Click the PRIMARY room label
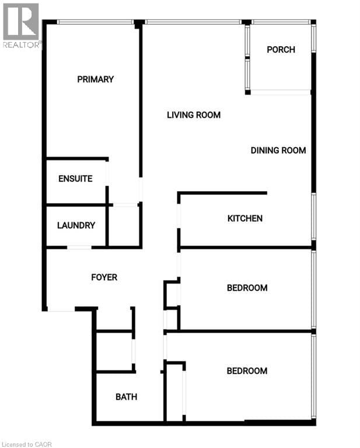[95, 79]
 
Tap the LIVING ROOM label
[194, 115]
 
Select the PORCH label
[281, 50]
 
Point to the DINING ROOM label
[278, 150]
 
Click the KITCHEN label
[244, 219]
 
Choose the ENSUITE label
[75, 178]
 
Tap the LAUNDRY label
[76, 225]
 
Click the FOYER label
[104, 277]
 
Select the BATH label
[126, 397]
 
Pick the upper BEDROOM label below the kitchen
[247, 288]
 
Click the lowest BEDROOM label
[247, 371]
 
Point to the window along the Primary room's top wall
[95, 22]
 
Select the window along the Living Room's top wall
[193, 22]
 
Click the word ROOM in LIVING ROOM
[208, 115]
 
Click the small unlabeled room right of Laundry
[124, 226]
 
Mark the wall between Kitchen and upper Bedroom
[245, 248]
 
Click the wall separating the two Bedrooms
[239, 331]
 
